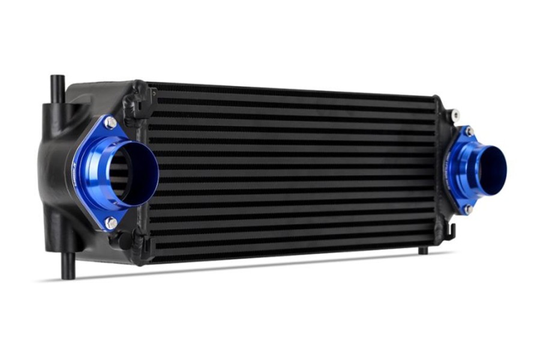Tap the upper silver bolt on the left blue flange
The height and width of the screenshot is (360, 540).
[110, 123]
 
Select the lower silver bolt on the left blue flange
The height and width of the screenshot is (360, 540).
[110, 223]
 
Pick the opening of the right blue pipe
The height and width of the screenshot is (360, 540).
[493, 169]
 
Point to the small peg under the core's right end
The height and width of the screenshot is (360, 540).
[423, 250]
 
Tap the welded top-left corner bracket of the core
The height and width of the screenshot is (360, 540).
[137, 97]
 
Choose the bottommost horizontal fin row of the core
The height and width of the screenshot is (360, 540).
[288, 251]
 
